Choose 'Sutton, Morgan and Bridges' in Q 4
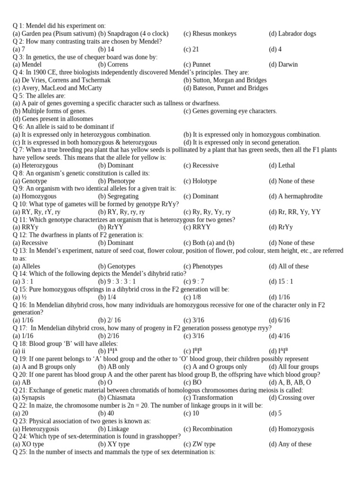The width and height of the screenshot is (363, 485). [230, 80]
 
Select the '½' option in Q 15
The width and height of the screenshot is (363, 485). [23, 297]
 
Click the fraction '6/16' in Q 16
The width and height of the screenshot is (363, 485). [284, 320]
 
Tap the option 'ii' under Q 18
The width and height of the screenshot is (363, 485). [23, 351]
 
